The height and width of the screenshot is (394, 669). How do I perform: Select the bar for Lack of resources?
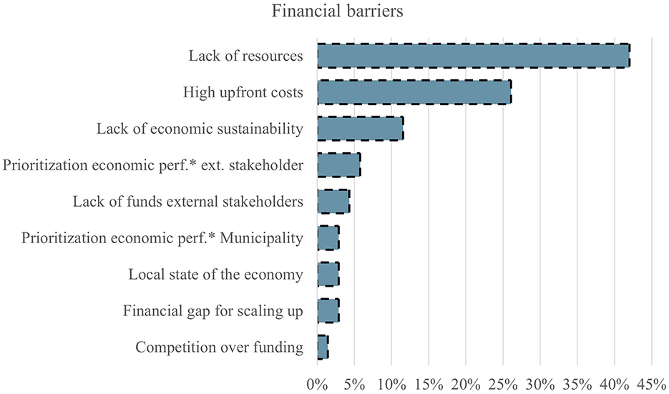click(x=473, y=56)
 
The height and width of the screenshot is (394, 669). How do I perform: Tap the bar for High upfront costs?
click(x=414, y=92)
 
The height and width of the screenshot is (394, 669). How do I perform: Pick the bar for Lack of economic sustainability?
click(x=360, y=129)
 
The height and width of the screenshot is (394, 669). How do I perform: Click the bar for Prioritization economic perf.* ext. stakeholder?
click(x=338, y=165)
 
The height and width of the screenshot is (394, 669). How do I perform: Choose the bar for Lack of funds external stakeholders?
click(x=333, y=202)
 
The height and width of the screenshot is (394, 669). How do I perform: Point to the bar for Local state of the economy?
click(x=328, y=275)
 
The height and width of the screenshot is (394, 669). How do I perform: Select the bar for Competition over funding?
click(x=323, y=348)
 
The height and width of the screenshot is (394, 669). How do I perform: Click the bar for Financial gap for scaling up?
click(x=328, y=311)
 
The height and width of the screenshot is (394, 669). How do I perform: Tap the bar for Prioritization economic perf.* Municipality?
click(x=328, y=238)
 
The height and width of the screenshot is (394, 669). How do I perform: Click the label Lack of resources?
click(x=245, y=56)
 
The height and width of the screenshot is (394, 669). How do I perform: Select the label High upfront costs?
click(x=243, y=92)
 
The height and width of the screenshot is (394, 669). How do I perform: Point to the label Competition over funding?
click(x=219, y=348)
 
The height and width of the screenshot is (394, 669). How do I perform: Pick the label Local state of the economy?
click(x=215, y=275)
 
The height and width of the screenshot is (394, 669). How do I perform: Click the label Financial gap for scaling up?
click(x=213, y=312)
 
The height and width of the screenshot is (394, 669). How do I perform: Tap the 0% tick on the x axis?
click(x=317, y=383)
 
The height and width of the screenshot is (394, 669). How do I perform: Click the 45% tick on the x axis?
click(x=651, y=383)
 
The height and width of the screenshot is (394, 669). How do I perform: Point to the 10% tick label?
click(x=391, y=383)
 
